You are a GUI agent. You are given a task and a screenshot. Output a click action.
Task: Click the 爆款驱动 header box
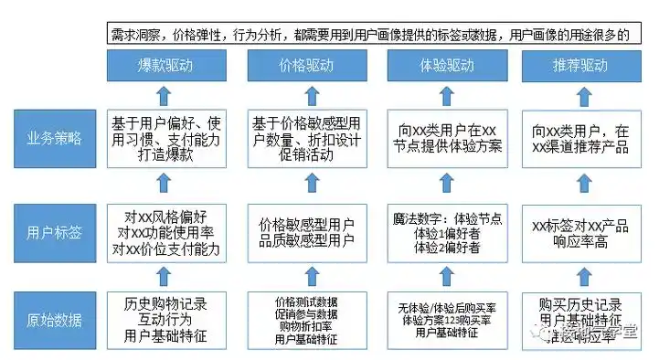coord(164,67)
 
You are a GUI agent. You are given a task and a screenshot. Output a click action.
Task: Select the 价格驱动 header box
coord(304,67)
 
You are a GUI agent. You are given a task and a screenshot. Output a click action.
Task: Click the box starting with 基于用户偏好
coord(164,139)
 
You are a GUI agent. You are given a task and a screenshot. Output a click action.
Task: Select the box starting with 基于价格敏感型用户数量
coord(304,139)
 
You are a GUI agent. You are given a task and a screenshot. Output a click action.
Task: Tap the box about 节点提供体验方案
coord(444,139)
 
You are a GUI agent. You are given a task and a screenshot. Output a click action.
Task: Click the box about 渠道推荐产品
coord(581,139)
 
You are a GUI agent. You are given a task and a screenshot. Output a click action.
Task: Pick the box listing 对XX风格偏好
coord(164,232)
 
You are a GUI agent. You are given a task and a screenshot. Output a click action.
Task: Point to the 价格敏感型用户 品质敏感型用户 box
coord(304,232)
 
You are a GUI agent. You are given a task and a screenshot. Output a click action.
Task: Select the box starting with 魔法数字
coord(444,232)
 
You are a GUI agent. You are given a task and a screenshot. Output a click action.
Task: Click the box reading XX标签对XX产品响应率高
coord(581,232)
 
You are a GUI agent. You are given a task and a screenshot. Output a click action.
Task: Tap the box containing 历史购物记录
coord(164,320)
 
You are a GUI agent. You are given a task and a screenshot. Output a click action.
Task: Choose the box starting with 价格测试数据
coord(304,320)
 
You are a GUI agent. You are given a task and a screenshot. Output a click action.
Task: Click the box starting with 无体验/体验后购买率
coord(444,320)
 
